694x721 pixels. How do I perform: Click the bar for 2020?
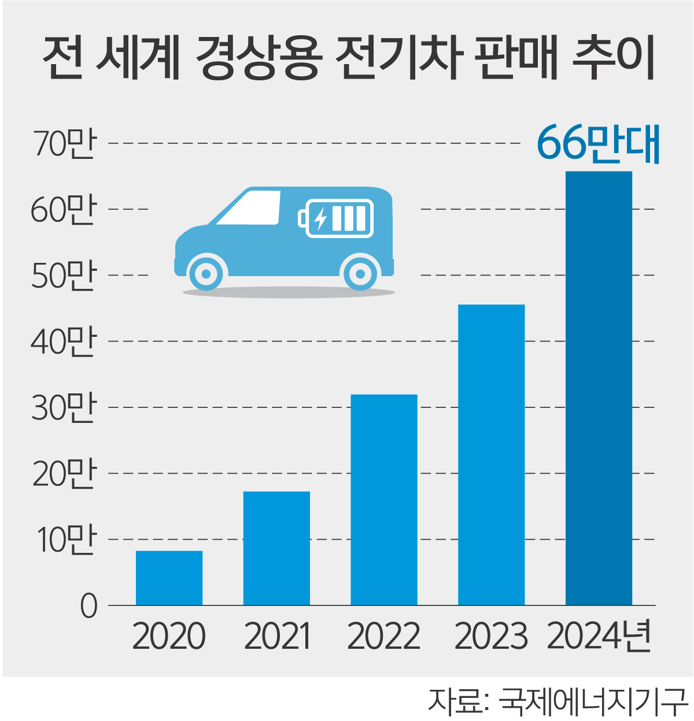169,578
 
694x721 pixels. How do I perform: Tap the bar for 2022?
384,499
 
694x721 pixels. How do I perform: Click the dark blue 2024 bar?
599,388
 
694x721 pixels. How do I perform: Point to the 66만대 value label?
598,143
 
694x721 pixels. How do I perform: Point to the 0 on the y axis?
88,607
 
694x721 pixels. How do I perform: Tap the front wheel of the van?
205,273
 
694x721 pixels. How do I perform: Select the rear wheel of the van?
360,273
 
